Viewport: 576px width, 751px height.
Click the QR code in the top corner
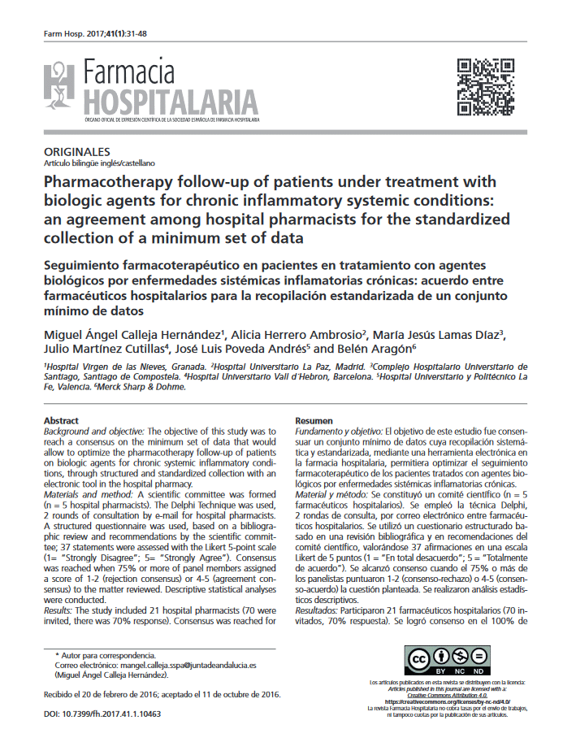tap(486, 86)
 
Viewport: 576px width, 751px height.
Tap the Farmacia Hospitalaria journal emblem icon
tap(61, 87)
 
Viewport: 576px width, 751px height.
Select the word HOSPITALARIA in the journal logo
tap(174, 102)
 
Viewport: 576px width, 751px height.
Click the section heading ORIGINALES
tap(76, 152)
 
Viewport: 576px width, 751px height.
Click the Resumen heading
tap(314, 419)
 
